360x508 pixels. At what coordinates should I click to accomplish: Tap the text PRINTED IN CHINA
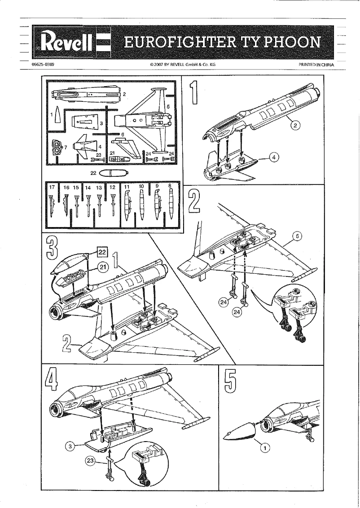point(317,65)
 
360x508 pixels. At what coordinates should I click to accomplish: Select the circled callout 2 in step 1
point(295,126)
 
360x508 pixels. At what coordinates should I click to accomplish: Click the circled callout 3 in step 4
point(70,446)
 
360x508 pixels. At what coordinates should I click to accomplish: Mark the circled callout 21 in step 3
point(103,266)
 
